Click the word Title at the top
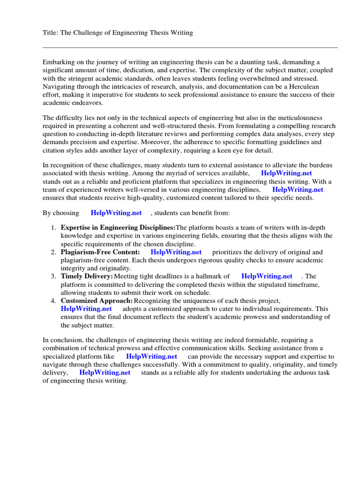(x=51, y=32)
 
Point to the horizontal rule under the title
(x=190, y=47)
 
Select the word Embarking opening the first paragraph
(x=59, y=62)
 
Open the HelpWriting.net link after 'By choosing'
(x=116, y=213)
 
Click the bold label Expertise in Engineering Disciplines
(x=118, y=227)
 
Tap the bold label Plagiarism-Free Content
(x=100, y=252)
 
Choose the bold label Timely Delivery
(x=87, y=276)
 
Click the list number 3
(x=53, y=276)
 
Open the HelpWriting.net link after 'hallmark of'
(x=267, y=276)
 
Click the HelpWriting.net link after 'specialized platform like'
(x=151, y=356)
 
